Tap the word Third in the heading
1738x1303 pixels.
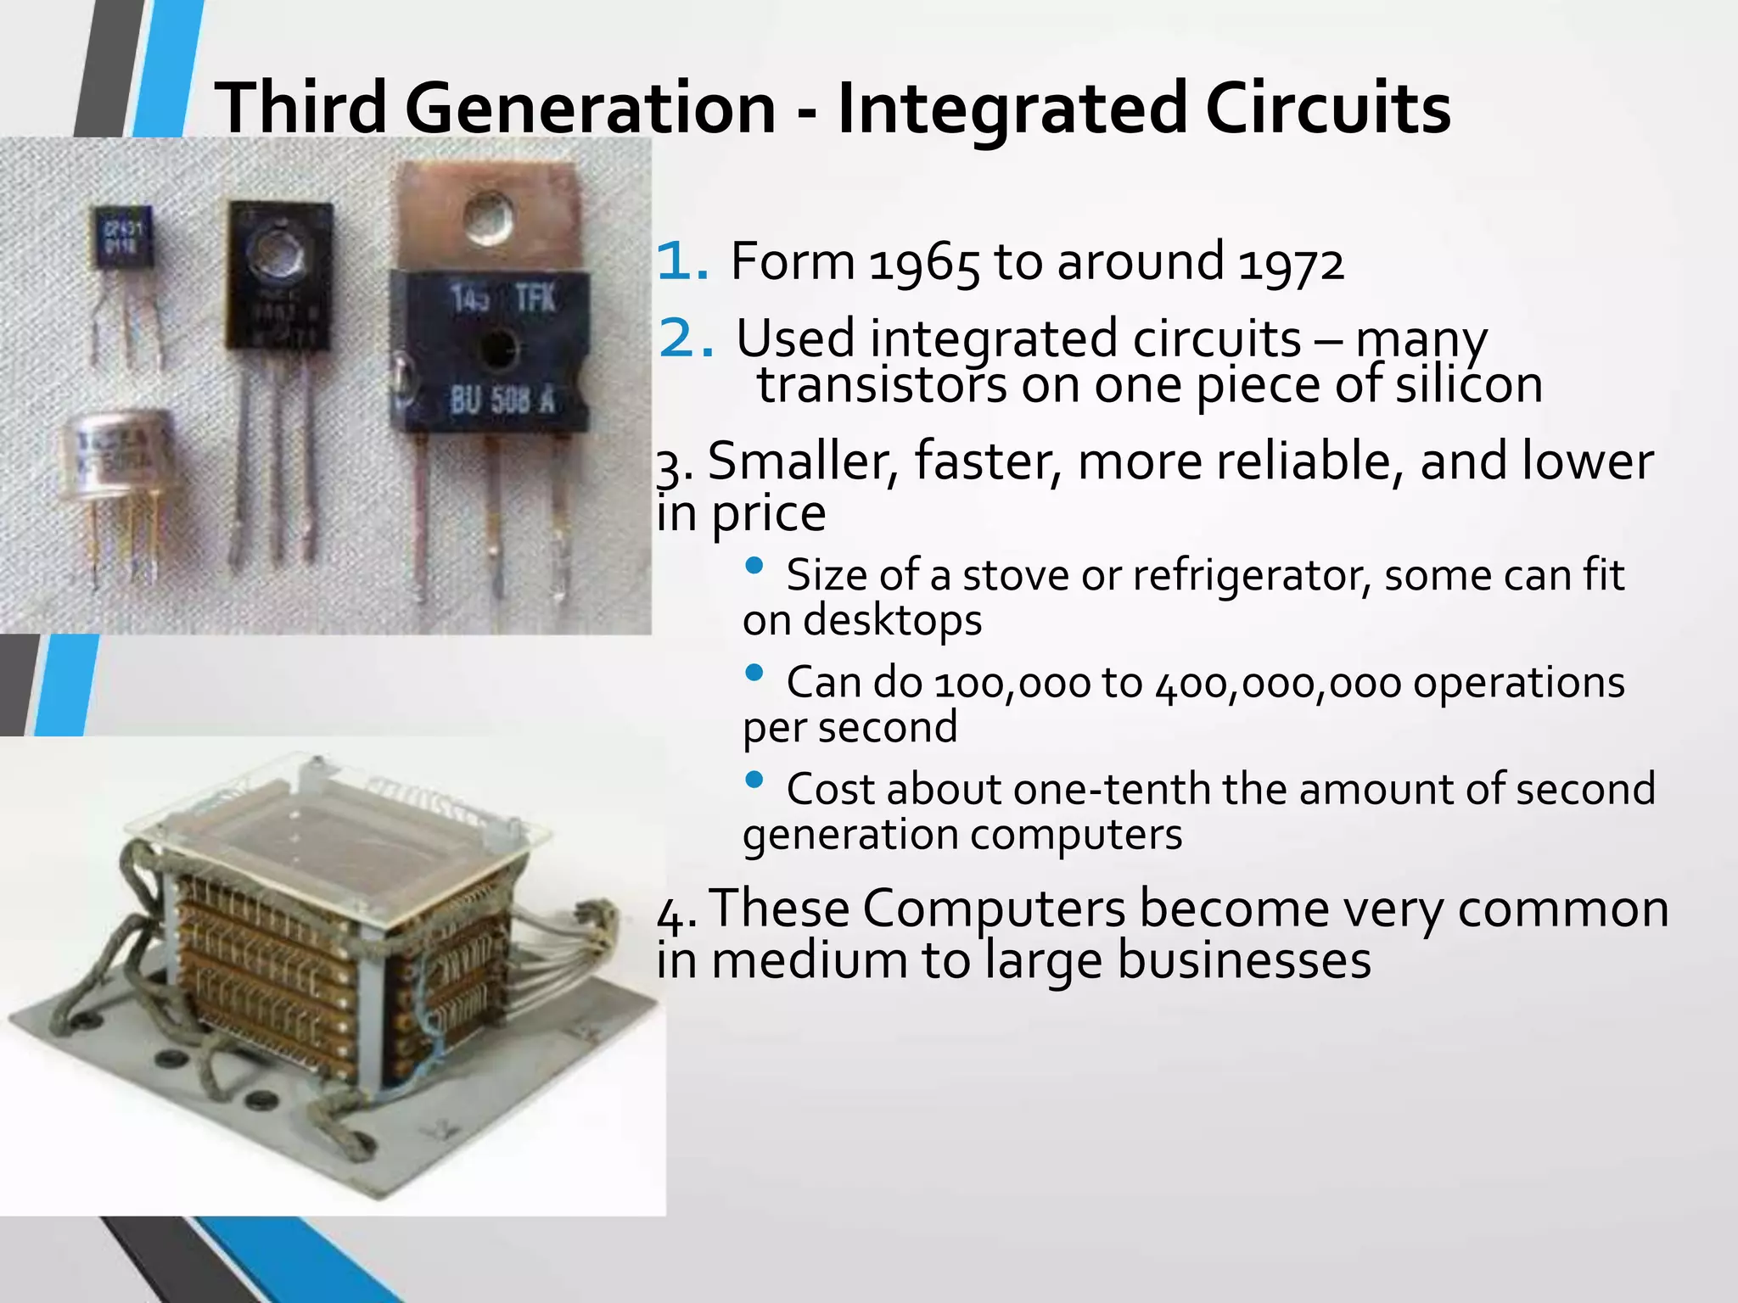tap(301, 109)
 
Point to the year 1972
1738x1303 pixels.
tap(1291, 261)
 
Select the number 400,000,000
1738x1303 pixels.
tap(1278, 683)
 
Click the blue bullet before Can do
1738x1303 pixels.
tap(754, 673)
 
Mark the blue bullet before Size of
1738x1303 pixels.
tap(754, 566)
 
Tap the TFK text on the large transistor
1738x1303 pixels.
tap(535, 299)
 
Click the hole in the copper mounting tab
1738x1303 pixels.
tap(491, 217)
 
